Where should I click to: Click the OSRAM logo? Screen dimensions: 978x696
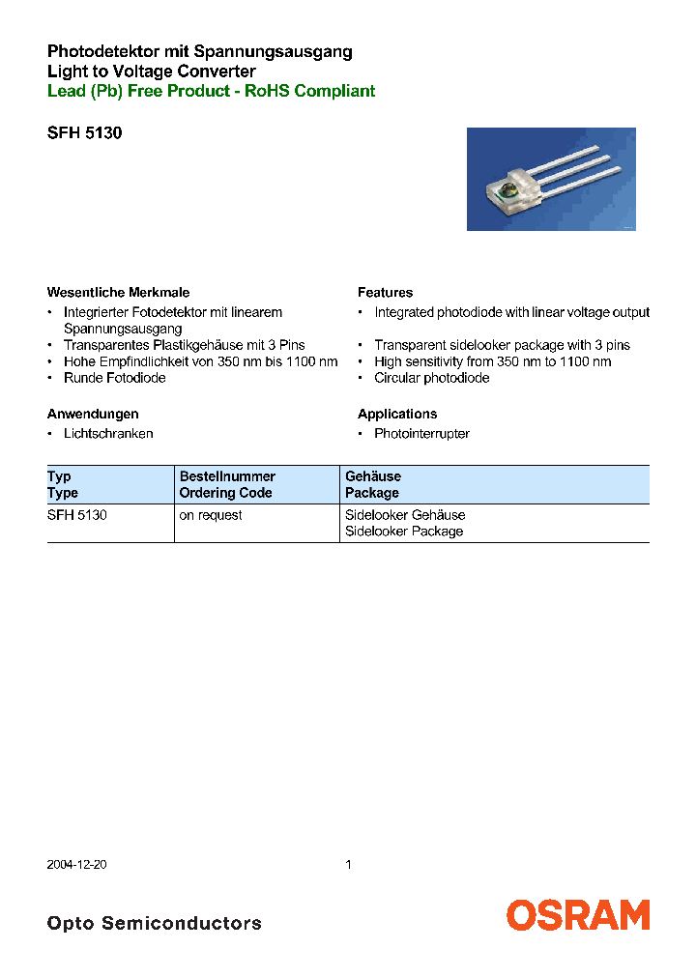click(578, 915)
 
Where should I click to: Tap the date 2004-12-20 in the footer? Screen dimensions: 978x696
click(76, 865)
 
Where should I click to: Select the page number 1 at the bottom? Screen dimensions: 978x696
click(348, 865)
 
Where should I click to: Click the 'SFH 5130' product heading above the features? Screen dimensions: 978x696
click(84, 133)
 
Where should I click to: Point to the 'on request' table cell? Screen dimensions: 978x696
click(211, 516)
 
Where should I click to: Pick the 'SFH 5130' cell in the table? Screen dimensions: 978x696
click(76, 516)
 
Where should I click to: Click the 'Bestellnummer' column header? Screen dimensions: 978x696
click(227, 476)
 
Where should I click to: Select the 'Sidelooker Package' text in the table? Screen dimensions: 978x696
click(404, 532)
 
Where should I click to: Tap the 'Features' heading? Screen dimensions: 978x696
click(385, 293)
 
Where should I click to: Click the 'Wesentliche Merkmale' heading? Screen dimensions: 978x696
click(118, 293)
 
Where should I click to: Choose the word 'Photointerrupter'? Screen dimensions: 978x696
click(421, 434)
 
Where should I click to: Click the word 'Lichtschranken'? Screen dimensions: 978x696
click(108, 434)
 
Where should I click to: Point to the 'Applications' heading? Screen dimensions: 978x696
click(397, 414)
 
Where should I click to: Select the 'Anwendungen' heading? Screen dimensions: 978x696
click(93, 414)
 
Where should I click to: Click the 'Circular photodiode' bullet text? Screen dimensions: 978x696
click(431, 378)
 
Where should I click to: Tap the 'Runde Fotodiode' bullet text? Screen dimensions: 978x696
click(114, 378)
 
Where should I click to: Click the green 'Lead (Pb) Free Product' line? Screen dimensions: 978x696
click(211, 91)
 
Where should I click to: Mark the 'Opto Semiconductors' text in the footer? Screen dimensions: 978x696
click(154, 923)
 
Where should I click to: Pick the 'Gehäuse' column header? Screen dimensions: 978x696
click(373, 476)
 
